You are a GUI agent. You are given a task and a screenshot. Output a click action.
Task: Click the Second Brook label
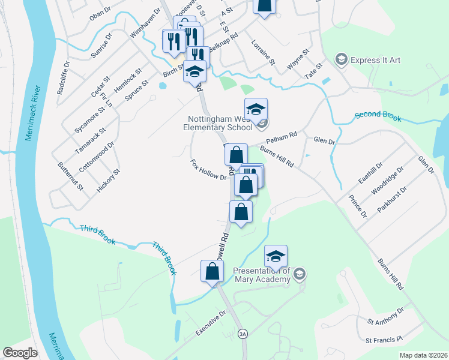378,116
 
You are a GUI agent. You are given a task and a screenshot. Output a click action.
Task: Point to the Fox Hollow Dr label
208,170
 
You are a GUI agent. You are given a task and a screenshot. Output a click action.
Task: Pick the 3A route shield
243,334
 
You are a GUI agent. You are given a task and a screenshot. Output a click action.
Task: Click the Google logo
20,353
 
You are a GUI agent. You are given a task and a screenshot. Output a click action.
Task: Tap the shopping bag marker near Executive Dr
213,271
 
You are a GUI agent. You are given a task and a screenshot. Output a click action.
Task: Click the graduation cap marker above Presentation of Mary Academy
276,256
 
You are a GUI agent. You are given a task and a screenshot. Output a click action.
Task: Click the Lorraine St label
262,53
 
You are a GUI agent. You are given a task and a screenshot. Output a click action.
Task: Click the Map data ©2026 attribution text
423,355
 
